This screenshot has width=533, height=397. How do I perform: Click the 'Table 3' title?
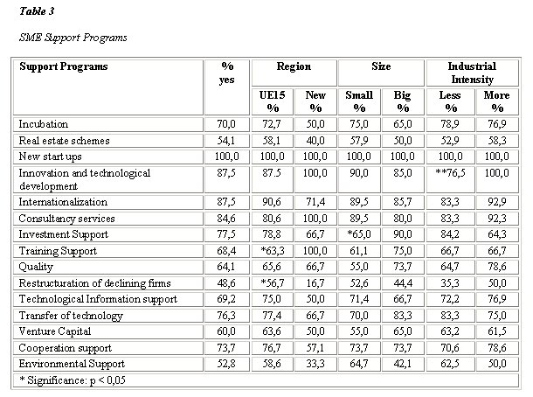click(37, 11)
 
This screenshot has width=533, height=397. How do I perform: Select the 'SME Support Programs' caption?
click(73, 38)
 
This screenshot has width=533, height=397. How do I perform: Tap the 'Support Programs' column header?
click(64, 66)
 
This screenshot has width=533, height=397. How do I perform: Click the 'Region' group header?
click(294, 66)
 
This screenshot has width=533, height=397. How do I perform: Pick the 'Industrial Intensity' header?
click(472, 73)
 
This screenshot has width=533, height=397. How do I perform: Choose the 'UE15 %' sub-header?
click(273, 101)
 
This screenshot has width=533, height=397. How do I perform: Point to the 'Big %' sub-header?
click(403, 101)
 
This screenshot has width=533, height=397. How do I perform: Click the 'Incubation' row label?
click(44, 124)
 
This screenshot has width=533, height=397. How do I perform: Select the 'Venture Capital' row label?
click(55, 331)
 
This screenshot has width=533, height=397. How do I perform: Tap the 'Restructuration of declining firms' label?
click(95, 283)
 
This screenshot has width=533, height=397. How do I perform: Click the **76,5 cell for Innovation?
click(450, 173)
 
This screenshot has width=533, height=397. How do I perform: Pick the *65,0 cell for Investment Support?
click(359, 234)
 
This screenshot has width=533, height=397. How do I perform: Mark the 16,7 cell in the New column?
click(315, 283)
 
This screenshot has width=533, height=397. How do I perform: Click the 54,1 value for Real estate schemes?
click(226, 141)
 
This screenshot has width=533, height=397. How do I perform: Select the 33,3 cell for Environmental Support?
click(315, 364)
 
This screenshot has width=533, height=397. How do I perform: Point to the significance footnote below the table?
click(73, 380)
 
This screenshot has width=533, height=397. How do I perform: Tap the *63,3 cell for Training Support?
click(273, 251)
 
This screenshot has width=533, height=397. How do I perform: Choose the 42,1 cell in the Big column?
click(403, 364)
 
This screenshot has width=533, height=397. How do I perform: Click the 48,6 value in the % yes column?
click(226, 283)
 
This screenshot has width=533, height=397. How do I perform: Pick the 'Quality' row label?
click(36, 267)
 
